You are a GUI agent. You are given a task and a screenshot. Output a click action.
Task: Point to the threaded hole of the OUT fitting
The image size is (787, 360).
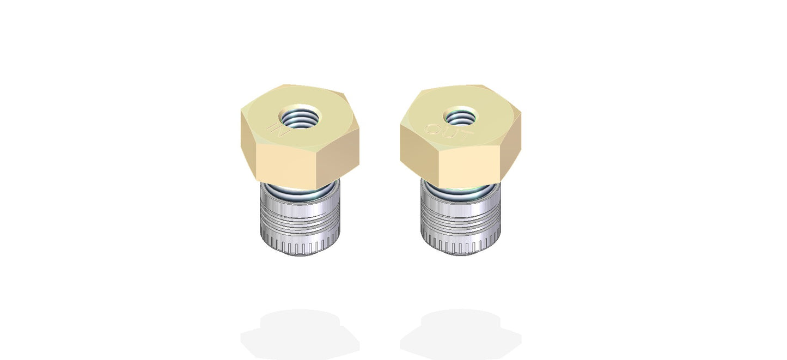tap(460, 117)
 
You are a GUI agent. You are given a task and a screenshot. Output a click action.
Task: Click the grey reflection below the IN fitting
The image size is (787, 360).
tap(300, 330)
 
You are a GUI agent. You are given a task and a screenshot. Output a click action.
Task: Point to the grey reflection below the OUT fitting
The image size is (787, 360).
tap(460, 330)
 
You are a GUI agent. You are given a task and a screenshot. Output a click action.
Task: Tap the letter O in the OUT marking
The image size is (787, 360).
tap(432, 130)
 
